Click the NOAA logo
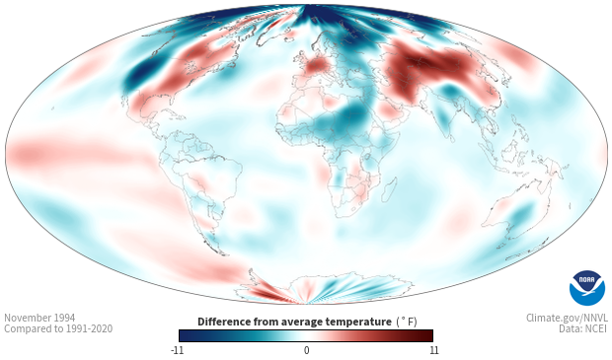click(587, 288)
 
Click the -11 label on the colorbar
click(177, 350)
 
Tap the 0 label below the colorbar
click(306, 350)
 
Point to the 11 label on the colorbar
click(433, 350)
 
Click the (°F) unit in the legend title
click(407, 322)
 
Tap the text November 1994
click(39, 318)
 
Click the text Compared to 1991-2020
click(58, 328)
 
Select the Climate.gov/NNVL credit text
click(567, 318)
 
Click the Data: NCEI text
click(583, 328)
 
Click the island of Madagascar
click(389, 189)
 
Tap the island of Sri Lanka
click(452, 138)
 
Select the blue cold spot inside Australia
click(522, 214)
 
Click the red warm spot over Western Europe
click(316, 65)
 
